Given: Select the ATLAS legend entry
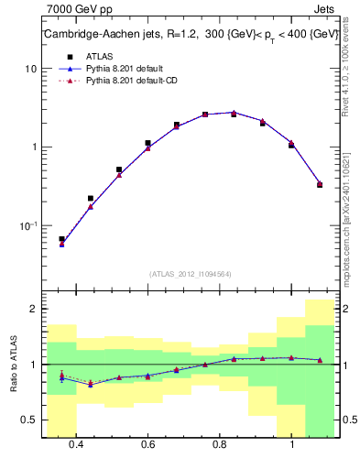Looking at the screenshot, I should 96,57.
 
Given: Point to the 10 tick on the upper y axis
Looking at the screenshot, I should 31,69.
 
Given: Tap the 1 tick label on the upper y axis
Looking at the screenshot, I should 34,147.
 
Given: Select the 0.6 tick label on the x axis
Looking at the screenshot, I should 147,444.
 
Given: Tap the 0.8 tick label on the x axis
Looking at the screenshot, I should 220,444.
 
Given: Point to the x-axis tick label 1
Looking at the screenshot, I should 291,444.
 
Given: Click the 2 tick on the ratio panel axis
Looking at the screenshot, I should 34,309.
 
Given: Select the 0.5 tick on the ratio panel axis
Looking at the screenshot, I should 29,420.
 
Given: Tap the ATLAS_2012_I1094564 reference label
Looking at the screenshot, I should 190,273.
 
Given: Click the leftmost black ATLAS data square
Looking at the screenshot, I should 61,239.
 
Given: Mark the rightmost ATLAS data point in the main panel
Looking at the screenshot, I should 320,184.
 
